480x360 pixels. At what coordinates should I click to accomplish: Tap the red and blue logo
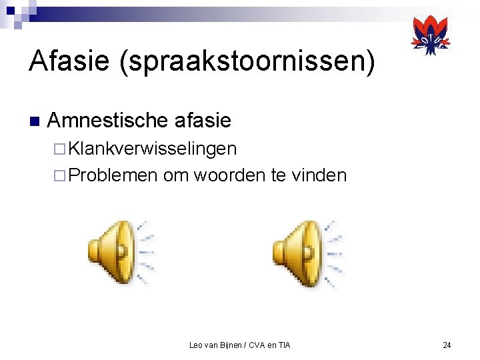(x=430, y=35)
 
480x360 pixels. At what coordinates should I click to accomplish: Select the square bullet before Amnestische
(x=34, y=122)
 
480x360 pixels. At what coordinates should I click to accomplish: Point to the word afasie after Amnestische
(x=201, y=121)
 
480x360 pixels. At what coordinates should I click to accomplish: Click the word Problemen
(x=113, y=175)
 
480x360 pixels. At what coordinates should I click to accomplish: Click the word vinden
(x=319, y=175)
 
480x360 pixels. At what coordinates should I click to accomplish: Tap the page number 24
(x=447, y=345)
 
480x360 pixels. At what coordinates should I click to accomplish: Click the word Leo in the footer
(x=196, y=345)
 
